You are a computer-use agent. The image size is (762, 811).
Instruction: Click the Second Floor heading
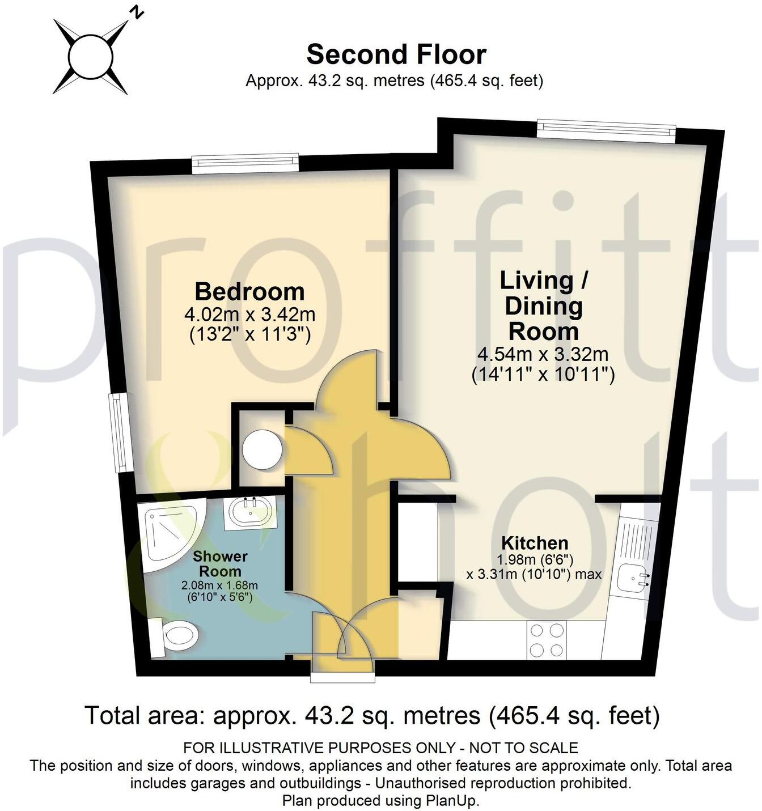click(x=396, y=55)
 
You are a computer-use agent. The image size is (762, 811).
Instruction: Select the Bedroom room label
click(x=249, y=292)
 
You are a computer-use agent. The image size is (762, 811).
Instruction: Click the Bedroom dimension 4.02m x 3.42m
click(x=249, y=314)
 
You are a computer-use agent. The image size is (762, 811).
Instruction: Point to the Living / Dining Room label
click(x=543, y=306)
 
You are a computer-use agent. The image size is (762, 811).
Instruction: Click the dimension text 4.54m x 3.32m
click(x=543, y=355)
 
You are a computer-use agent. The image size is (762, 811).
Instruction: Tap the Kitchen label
click(x=535, y=543)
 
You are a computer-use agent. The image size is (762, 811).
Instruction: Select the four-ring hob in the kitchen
click(x=547, y=640)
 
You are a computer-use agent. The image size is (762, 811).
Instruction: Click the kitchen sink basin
click(x=634, y=578)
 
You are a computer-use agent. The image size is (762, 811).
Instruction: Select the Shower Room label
click(x=220, y=564)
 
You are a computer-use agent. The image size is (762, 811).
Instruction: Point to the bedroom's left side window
click(x=118, y=433)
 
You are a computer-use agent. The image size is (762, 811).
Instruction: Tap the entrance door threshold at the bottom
click(x=342, y=677)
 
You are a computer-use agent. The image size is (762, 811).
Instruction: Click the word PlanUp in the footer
click(x=451, y=801)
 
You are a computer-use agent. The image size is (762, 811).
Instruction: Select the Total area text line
click(x=372, y=716)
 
